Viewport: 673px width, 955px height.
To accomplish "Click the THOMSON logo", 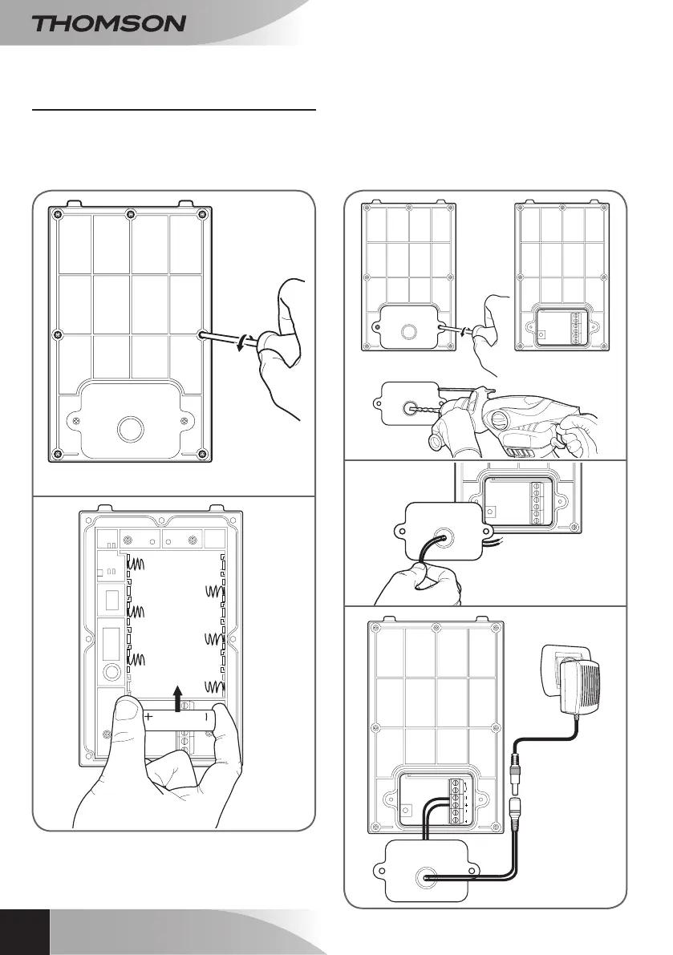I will tap(109, 23).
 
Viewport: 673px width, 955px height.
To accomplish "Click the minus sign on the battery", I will tap(206, 717).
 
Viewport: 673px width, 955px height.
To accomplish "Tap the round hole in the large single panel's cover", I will tap(128, 427).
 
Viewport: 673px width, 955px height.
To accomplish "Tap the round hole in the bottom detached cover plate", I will tap(422, 878).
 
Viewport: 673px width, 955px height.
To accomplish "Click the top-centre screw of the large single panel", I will tap(131, 214).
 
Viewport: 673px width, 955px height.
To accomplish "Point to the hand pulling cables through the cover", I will tap(417, 581).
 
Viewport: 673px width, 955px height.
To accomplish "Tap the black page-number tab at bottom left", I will tap(24, 932).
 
